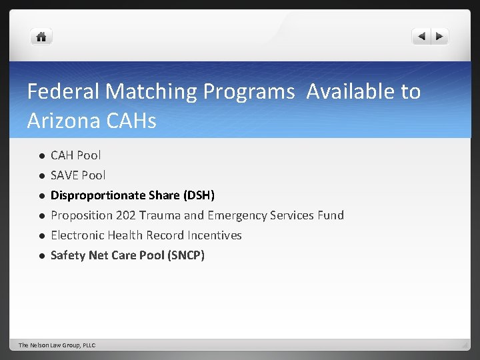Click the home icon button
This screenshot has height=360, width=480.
click(x=41, y=37)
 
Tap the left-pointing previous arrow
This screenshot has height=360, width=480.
click(x=421, y=37)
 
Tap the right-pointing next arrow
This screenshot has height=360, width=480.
click(x=440, y=37)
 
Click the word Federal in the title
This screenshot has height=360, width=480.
click(x=63, y=91)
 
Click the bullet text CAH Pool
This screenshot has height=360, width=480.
click(x=76, y=155)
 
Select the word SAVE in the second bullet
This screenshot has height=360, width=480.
click(x=65, y=175)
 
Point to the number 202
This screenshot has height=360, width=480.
click(x=125, y=215)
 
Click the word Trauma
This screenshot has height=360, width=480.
click(x=160, y=215)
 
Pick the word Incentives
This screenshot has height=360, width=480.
click(x=215, y=235)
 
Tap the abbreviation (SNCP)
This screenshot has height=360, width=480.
click(x=187, y=255)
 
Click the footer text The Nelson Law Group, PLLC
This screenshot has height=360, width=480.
click(x=57, y=345)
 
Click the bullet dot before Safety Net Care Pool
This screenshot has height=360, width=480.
click(x=41, y=255)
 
